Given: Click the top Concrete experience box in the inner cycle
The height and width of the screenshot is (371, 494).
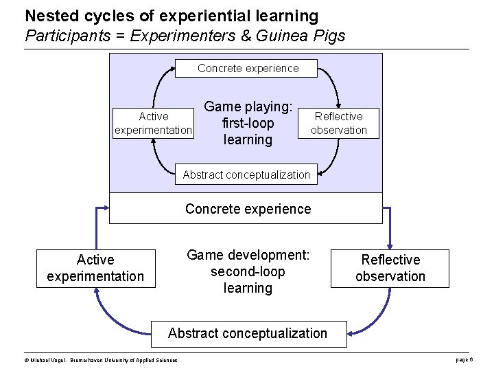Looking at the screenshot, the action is click(248, 68).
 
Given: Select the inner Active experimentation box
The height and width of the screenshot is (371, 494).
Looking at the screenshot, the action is click(153, 123).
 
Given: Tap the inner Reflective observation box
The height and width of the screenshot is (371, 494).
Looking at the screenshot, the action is click(338, 123).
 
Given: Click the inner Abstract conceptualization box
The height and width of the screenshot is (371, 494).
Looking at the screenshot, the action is click(246, 175).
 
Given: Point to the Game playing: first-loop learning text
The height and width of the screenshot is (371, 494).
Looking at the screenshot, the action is click(248, 123).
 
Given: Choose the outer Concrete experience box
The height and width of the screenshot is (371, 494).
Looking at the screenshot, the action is click(247, 209).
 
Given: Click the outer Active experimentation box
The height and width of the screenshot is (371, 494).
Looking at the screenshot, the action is click(95, 268).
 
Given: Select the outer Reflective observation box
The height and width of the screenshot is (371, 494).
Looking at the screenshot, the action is click(390, 268).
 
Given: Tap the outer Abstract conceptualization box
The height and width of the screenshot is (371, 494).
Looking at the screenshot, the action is click(247, 333).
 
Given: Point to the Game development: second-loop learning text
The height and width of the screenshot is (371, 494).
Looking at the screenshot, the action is click(248, 271).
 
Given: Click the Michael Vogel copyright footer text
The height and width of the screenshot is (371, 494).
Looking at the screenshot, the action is click(101, 360).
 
